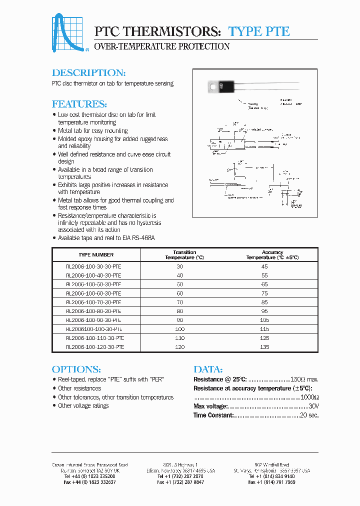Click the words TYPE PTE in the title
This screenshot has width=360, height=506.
click(259, 31)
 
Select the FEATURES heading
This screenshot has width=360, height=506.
click(79, 104)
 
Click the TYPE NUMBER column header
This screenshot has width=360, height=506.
click(96, 255)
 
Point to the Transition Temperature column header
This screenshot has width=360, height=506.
click(184, 255)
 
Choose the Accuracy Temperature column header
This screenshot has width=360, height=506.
click(272, 255)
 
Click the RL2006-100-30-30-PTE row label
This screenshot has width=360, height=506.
click(93, 267)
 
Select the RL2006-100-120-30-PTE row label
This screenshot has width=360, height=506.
click(95, 347)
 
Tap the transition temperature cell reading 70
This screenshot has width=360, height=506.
click(180, 302)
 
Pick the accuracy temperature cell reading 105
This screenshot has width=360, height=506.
click(264, 320)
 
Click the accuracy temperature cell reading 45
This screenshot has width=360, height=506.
click(264, 267)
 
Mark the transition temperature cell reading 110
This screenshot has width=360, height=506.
click(180, 338)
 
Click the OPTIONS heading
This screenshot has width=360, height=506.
click(76, 369)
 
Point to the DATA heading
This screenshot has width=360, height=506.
click(208, 369)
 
